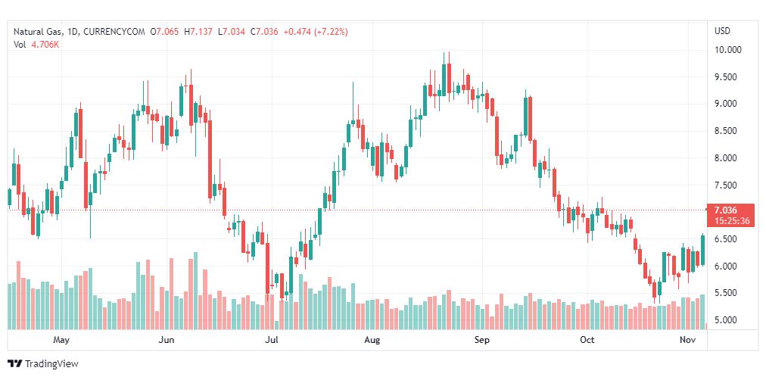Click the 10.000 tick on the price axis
click(728, 50)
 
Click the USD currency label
click(722, 31)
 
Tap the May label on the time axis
click(61, 340)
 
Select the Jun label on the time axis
click(167, 340)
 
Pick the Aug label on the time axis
click(372, 340)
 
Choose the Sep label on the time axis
click(482, 340)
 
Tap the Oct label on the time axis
click(587, 340)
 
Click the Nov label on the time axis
click(687, 340)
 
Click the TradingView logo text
click(51, 364)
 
